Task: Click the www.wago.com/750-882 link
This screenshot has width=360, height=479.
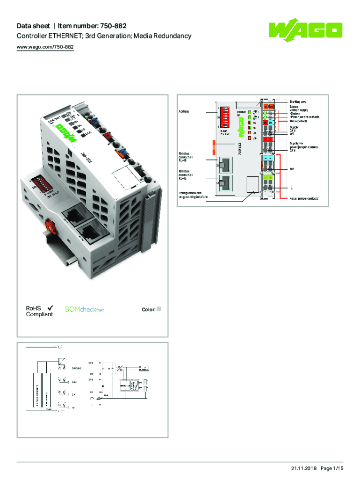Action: pos(45,47)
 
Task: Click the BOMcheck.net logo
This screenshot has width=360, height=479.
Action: pos(85,309)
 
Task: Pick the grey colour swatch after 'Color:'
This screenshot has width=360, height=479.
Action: pos(158,309)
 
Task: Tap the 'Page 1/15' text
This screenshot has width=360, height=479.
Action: pos(332,468)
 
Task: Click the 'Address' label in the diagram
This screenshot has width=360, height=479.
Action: pos(184,112)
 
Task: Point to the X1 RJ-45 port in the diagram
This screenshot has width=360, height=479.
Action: pos(226,165)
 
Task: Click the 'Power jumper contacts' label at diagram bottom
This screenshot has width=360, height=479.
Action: pos(304,198)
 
